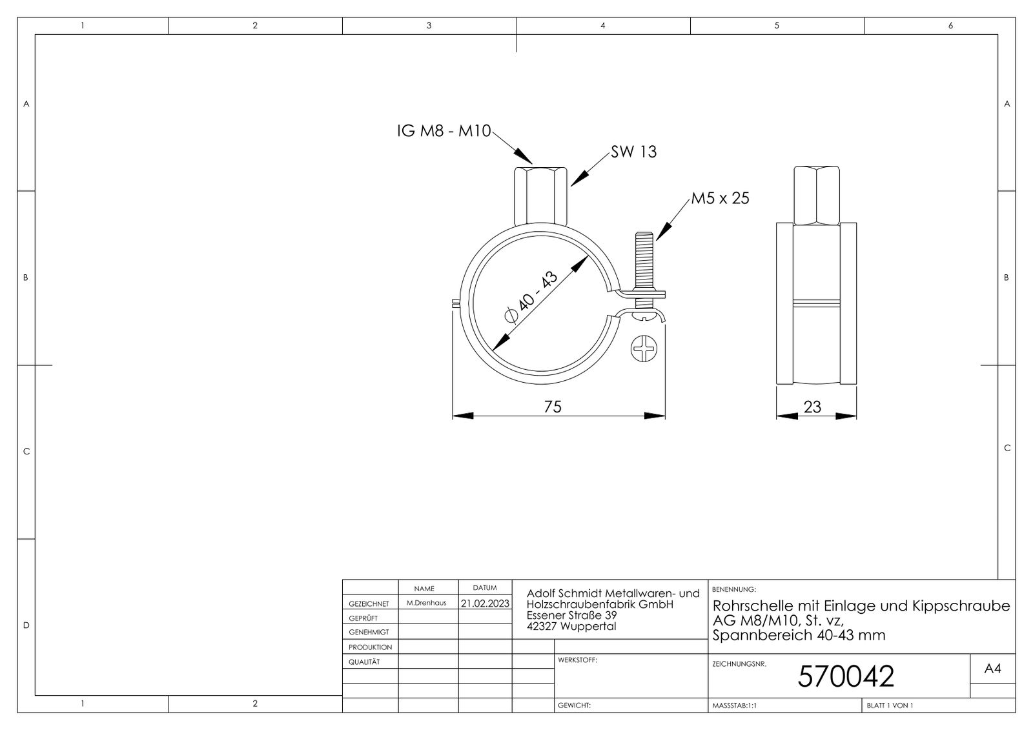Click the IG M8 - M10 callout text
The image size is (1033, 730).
444,132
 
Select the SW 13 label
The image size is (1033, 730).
633,152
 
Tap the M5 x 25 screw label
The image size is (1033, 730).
720,198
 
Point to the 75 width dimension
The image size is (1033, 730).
553,407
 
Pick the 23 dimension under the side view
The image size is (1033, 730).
812,407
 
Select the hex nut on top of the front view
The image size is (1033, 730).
541,196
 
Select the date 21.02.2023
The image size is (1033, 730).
485,603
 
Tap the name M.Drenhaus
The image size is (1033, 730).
426,603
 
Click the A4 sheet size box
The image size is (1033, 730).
992,669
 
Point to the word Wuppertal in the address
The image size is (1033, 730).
588,626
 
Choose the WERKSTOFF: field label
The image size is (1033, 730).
577,660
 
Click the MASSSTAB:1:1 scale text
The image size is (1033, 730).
734,705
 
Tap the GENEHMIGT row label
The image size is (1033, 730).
369,632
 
